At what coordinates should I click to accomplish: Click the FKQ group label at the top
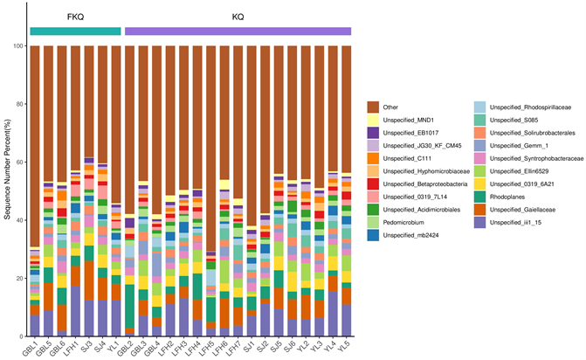(75, 17)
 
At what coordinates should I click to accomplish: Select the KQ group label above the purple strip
(238, 17)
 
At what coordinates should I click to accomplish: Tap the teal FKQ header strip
(75, 31)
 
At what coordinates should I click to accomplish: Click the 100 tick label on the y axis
(17, 46)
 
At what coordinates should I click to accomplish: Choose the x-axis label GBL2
(125, 349)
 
